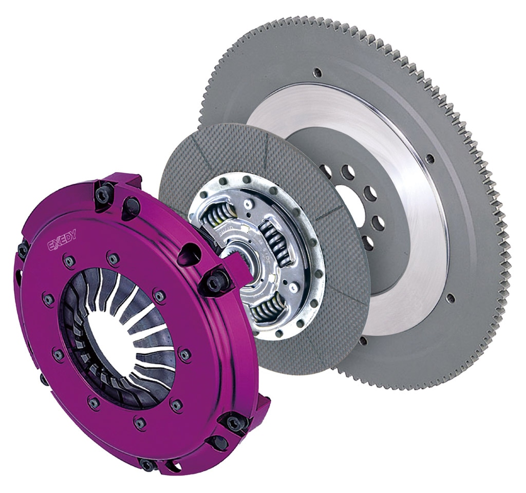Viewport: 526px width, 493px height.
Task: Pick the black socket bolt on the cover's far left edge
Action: [x=23, y=250]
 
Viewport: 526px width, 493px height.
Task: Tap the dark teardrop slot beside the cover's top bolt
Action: [x=131, y=207]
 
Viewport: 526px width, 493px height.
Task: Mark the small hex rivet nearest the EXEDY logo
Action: [x=69, y=262]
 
